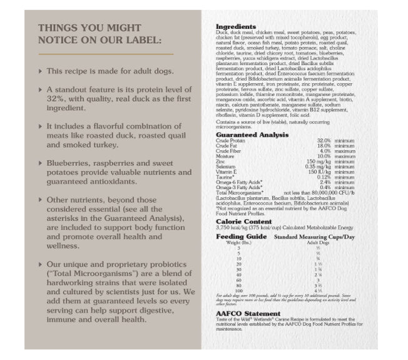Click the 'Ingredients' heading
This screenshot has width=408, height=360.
(x=236, y=27)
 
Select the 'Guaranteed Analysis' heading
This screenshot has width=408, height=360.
(x=252, y=135)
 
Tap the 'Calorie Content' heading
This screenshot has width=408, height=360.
(x=243, y=222)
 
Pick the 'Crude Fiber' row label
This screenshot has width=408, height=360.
(x=228, y=151)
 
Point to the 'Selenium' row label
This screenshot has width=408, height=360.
(x=226, y=166)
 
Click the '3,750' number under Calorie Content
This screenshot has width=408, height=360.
(x=223, y=228)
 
